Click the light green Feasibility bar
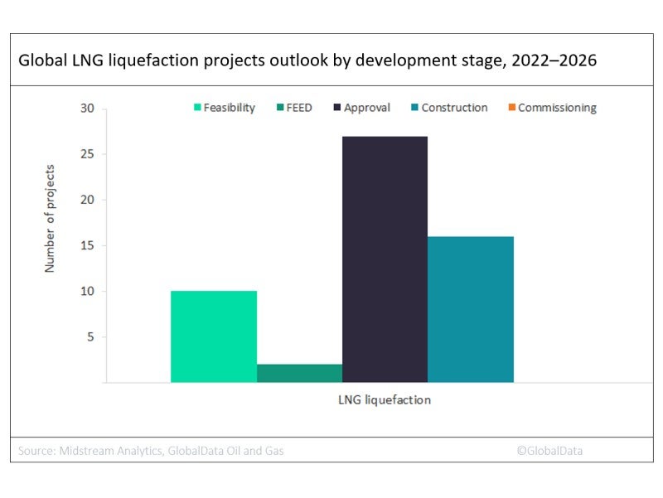point(214,336)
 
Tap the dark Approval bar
point(385,259)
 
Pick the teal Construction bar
point(471,309)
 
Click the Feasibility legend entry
point(224,108)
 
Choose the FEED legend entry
point(295,108)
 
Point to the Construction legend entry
point(448,108)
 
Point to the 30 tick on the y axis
point(88,109)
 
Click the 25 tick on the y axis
point(88,154)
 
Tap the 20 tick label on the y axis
point(88,200)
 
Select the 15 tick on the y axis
point(88,246)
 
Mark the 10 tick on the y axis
point(88,292)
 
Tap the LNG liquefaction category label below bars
point(385,399)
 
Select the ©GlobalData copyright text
point(549,451)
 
